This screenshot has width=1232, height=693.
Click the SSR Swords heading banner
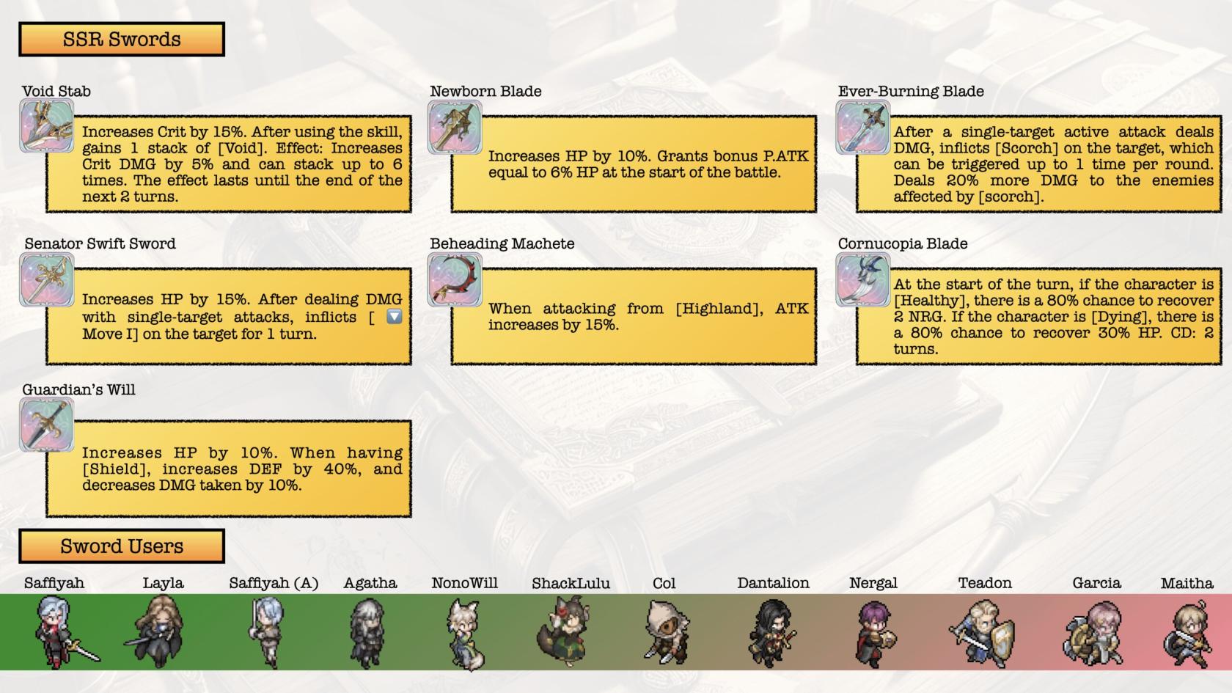click(122, 40)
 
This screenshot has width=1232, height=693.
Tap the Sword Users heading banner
click(122, 546)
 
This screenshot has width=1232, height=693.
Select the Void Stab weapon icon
click(47, 126)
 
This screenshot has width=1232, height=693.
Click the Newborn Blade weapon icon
click(455, 126)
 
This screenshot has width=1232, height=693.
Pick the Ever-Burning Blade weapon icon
click(863, 126)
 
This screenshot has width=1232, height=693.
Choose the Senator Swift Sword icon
click(47, 279)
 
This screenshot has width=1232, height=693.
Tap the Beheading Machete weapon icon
click(455, 279)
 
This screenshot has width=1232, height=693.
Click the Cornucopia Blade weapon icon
click(863, 279)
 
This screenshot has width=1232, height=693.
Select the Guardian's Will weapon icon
click(47, 425)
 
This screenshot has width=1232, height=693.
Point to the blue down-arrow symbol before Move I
click(395, 317)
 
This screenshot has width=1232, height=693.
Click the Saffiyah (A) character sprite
click(265, 631)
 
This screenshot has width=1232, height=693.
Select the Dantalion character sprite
click(772, 632)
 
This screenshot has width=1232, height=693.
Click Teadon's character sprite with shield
click(983, 632)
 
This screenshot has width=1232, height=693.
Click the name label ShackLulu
click(571, 584)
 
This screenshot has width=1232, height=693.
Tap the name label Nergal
click(873, 584)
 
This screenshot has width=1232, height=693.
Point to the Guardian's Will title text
click(78, 390)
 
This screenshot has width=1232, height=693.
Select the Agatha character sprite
click(367, 632)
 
